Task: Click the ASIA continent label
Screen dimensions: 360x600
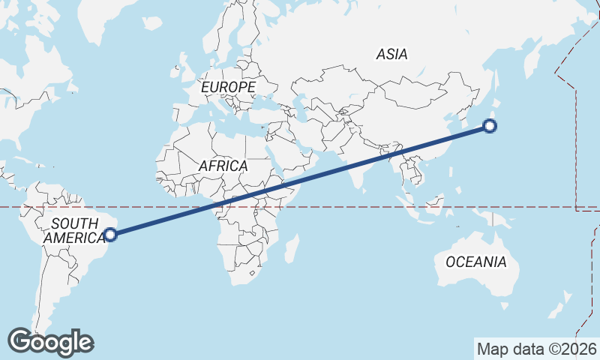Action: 391,54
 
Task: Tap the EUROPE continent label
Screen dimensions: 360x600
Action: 228,88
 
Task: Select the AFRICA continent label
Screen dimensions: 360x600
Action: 223,166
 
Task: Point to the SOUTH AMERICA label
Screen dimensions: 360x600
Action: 74,230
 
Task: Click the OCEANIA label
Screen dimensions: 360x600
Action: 475,262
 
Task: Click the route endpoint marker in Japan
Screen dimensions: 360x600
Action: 490,126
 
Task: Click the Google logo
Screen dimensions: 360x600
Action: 50,342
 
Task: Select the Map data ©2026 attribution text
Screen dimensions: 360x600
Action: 537,349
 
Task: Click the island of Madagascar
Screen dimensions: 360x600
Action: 292,249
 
